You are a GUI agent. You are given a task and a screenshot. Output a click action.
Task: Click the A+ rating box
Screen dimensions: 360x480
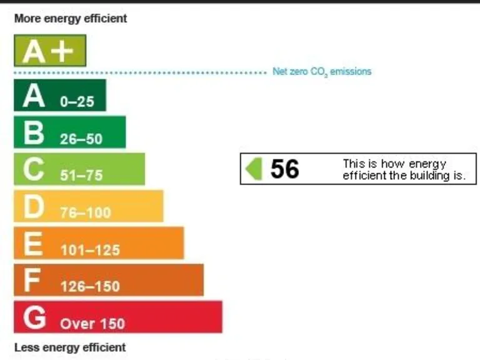point(50,51)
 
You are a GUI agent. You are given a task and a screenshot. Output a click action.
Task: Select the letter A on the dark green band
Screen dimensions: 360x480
point(34,96)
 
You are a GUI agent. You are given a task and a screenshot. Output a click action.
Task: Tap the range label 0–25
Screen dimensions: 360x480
point(77,102)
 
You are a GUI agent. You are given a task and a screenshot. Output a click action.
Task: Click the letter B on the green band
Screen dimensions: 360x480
point(34,133)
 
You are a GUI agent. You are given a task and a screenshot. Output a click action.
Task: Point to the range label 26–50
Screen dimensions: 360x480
point(81,139)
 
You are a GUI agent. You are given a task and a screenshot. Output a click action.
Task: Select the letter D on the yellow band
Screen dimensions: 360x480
point(34,207)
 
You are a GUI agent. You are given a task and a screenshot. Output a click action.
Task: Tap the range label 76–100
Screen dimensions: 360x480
point(85,213)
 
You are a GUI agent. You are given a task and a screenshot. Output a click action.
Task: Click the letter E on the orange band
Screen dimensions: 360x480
point(32,244)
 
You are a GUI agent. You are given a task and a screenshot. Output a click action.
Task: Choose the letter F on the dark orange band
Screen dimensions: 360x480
point(32,281)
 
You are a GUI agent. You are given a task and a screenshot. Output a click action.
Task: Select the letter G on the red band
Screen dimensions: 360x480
point(34,317)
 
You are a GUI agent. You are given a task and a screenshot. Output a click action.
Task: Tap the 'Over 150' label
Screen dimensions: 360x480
point(92,324)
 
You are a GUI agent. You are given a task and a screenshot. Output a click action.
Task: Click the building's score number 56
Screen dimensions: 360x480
point(284,169)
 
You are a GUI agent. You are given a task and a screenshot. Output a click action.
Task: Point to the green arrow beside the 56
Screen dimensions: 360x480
point(254,169)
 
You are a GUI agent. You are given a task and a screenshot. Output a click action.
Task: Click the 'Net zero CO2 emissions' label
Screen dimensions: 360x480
point(322,72)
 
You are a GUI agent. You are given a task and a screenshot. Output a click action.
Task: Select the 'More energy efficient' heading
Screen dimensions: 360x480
point(71,19)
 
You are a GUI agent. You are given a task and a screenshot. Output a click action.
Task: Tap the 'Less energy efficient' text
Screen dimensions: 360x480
point(69,347)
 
